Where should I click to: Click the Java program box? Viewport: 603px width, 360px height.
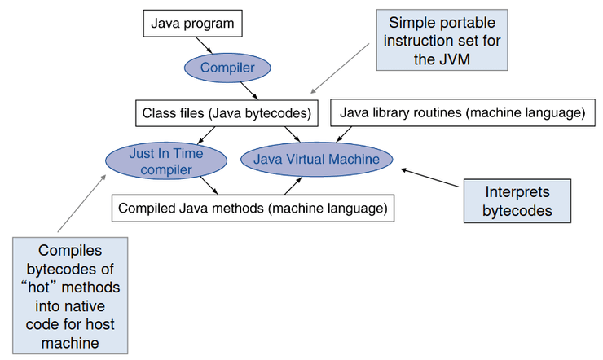[191, 24]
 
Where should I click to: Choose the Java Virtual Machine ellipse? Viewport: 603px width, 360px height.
[316, 159]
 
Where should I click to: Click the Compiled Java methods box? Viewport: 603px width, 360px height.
[252, 208]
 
